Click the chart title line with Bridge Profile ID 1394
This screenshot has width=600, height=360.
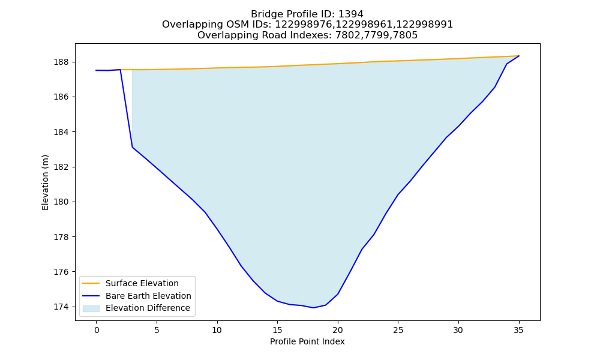tap(307, 14)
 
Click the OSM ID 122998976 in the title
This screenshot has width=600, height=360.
tap(304, 25)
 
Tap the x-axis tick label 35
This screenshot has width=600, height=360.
tap(518, 331)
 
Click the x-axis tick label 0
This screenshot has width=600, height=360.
tap(97, 331)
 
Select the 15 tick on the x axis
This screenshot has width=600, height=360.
tap(277, 331)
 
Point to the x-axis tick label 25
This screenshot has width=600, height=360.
tap(398, 331)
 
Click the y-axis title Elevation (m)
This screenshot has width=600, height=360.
tap(46, 182)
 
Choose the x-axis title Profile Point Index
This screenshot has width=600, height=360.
tap(307, 341)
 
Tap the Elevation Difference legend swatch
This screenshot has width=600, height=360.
tap(91, 308)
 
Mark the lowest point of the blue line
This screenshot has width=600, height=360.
tap(313, 308)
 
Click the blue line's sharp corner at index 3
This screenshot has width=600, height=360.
tap(133, 147)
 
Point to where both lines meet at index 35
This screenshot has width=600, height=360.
tap(518, 56)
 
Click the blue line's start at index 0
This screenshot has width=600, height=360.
tap(97, 70)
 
